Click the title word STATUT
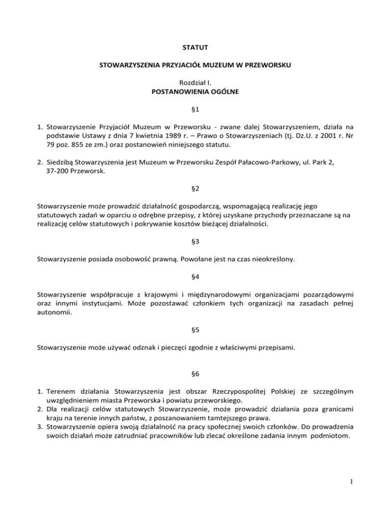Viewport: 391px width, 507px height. tap(195, 49)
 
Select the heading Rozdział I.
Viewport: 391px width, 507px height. tap(195, 83)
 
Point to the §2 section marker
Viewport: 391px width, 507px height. tap(195, 189)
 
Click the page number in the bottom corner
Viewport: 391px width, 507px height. tap(352, 481)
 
